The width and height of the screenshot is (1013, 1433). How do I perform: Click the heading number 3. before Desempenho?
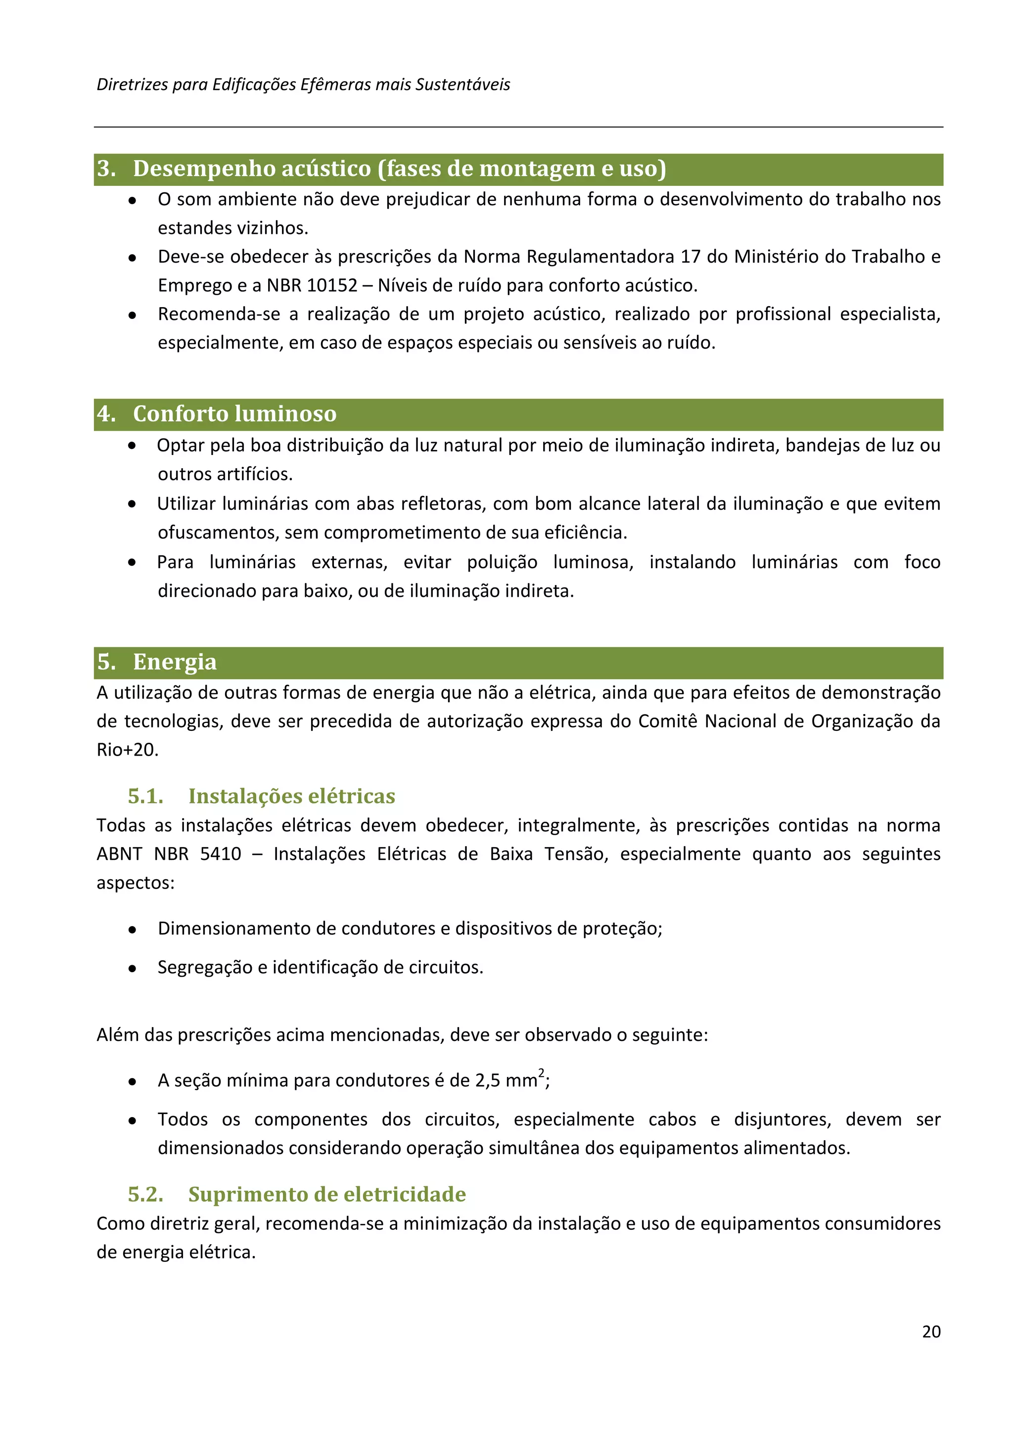coord(106,169)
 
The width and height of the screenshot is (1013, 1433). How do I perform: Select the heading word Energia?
coord(175,662)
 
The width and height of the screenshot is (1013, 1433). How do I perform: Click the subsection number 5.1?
coord(145,797)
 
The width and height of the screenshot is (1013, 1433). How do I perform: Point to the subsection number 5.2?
coord(145,1194)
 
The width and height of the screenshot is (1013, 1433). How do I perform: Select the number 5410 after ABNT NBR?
coord(220,854)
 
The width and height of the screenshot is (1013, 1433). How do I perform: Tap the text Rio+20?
coord(127,750)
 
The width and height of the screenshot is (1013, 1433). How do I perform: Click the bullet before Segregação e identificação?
coord(133,969)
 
